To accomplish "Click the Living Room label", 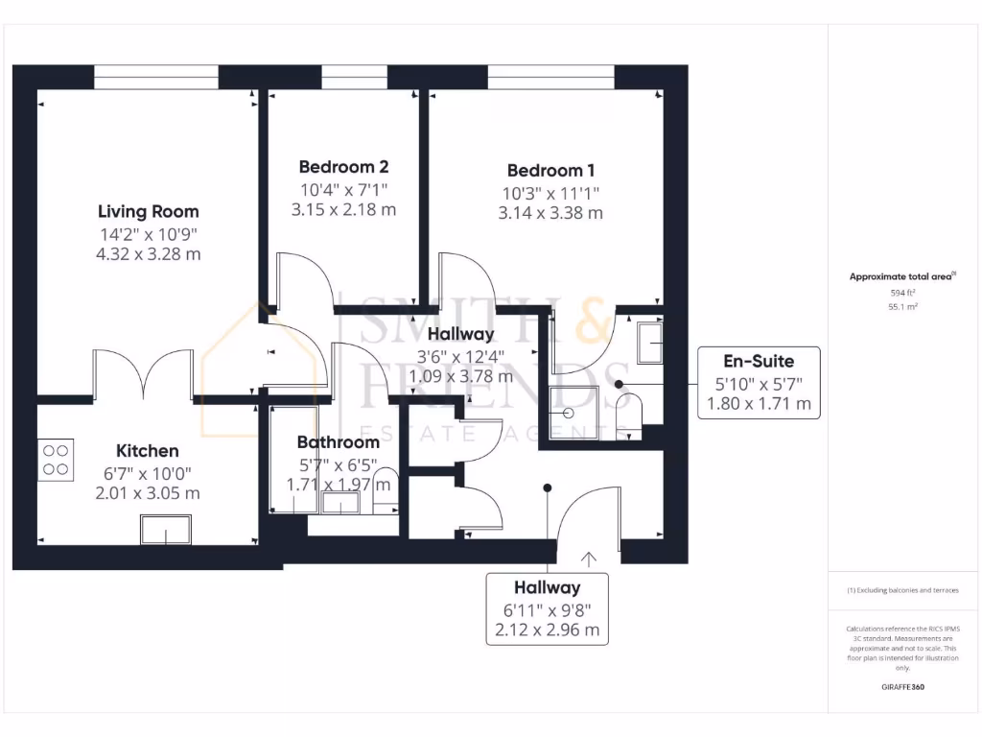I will (149, 211).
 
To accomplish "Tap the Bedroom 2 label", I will (343, 166).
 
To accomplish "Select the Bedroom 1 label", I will (550, 171).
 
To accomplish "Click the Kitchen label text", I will (148, 450).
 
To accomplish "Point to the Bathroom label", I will (338, 442).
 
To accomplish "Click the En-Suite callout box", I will (759, 382).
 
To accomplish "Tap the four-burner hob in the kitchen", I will (57, 459).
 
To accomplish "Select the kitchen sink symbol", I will (166, 529).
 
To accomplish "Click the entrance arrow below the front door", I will (588, 558).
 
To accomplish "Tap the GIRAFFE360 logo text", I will (902, 687).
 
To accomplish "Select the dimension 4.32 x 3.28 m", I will (149, 254).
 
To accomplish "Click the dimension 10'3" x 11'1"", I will (550, 193).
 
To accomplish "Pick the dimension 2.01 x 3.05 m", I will (148, 493).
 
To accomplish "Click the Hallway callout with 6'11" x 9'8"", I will (547, 608).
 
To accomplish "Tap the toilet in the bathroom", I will (386, 486).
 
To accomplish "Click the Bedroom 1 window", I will (550, 77).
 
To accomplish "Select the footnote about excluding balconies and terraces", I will (902, 590).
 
